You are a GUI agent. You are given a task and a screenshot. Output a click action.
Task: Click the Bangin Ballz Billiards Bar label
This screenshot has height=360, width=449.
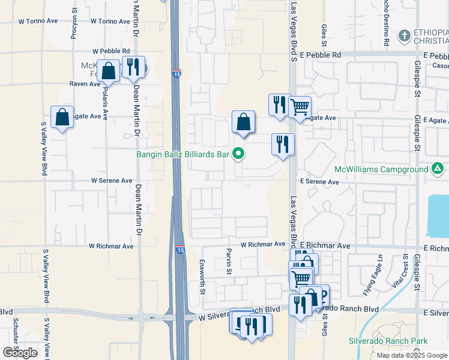(x=183, y=155)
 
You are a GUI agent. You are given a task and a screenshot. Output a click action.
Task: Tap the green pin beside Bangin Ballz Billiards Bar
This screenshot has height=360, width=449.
(x=239, y=155)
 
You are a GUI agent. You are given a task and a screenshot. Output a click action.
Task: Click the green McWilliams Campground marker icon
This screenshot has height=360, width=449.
(x=438, y=169)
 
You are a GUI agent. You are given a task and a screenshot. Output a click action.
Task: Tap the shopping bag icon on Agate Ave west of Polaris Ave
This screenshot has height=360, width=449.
(x=62, y=117)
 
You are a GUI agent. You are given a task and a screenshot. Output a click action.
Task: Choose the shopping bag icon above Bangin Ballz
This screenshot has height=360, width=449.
(x=243, y=122)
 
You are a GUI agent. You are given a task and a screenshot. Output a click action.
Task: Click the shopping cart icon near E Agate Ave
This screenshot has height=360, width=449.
(x=299, y=107)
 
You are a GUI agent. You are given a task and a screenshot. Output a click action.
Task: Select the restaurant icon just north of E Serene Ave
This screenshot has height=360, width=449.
(x=283, y=145)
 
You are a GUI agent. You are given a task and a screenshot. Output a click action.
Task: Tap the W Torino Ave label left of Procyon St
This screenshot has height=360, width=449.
(x=38, y=20)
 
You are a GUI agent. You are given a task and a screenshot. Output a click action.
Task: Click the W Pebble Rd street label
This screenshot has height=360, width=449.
(x=111, y=52)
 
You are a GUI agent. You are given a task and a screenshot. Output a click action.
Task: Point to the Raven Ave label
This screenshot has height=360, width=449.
(x=85, y=84)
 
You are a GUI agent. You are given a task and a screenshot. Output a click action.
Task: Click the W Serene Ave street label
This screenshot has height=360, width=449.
(x=111, y=181)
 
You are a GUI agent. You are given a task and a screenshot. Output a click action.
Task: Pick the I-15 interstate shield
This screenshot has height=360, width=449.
(x=180, y=251)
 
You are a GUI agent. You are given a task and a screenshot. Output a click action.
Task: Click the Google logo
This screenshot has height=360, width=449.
(x=20, y=353)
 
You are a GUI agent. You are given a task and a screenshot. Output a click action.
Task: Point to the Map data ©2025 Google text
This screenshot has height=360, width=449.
(x=412, y=355)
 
